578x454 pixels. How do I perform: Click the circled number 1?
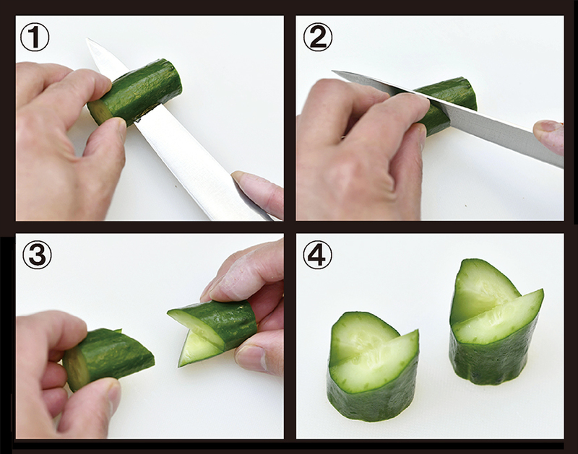tap(35, 38)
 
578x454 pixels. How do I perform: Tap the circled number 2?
tap(318, 38)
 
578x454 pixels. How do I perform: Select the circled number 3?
tap(38, 255)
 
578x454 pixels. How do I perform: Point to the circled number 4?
tap(317, 255)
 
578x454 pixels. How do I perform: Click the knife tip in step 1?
tap(87, 39)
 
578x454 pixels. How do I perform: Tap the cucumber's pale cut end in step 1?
tap(100, 112)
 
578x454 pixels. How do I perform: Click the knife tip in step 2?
tap(334, 71)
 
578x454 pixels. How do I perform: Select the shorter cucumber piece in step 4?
tap(373, 367)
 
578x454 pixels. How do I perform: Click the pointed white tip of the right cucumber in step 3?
tap(179, 364)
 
